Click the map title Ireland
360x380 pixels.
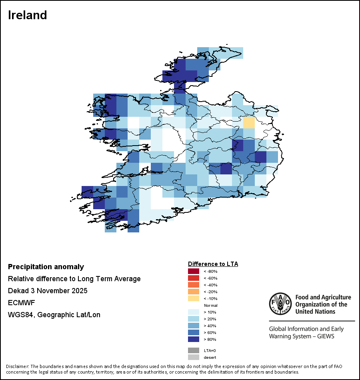click(28, 15)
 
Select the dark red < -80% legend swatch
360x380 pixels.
click(194, 271)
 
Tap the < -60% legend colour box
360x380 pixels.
click(194, 278)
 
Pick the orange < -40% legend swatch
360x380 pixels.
click(194, 285)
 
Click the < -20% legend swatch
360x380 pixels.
click(194, 292)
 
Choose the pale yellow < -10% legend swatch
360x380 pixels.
click(194, 298)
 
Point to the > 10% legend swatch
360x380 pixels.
click(194, 312)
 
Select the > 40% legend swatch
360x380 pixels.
click(194, 326)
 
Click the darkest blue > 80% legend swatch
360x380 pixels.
click(194, 339)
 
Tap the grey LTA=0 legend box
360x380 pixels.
click(194, 350)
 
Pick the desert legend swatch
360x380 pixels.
click(194, 357)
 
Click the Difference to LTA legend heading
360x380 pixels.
click(213, 264)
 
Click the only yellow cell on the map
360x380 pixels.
click(249, 122)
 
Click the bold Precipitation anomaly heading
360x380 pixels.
click(46, 267)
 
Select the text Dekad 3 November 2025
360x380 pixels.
click(48, 291)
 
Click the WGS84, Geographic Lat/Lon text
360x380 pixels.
click(54, 315)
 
